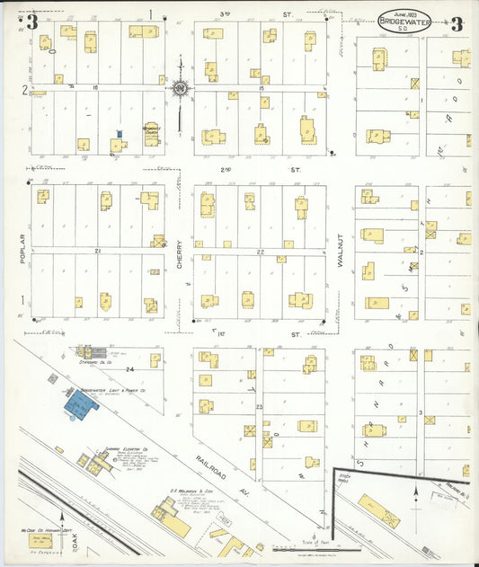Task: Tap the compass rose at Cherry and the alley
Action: (180, 87)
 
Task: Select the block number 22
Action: (260, 252)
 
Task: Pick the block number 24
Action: (129, 368)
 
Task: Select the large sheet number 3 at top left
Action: (32, 22)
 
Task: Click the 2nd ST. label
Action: (239, 169)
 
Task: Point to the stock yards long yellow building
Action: (379, 511)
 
